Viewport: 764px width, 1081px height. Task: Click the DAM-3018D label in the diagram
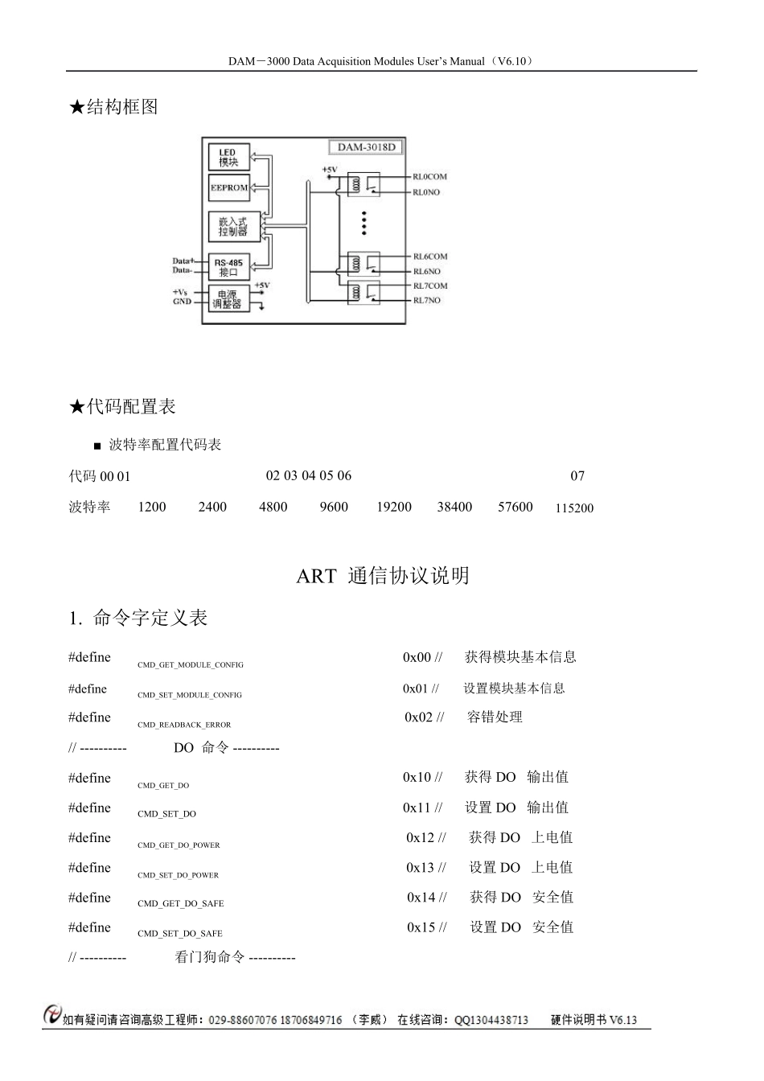coord(366,147)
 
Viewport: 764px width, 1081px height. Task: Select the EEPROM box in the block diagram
coord(229,187)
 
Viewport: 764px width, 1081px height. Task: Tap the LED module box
coord(228,157)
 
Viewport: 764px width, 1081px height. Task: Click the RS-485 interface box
coord(229,267)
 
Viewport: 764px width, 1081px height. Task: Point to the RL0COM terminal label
coord(429,176)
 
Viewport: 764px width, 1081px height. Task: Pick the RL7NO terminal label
coord(426,300)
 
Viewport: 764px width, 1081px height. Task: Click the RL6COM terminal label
coord(429,257)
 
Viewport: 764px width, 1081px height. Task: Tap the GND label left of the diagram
coord(182,302)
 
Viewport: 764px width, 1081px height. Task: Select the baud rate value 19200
coord(394,507)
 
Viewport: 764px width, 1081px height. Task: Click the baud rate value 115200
coord(574,508)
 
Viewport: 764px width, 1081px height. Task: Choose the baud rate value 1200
coord(152,507)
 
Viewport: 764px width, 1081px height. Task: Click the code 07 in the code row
coord(577,476)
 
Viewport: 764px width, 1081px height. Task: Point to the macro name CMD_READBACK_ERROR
coord(184,725)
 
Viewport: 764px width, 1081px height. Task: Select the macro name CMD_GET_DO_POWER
coord(179,845)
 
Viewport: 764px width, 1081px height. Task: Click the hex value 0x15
coord(421,927)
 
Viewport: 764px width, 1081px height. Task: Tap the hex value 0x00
coord(417,657)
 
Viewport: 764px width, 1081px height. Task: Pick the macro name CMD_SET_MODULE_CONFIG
coord(190,695)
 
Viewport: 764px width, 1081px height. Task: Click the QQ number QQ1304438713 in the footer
coord(491,1020)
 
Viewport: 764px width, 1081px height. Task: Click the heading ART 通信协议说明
coord(383,576)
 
